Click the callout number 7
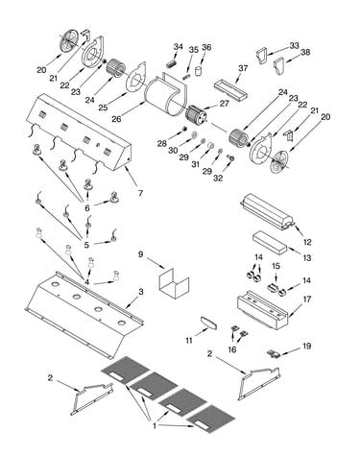coord(140,193)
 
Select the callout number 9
coord(141,254)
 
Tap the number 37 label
coord(243,68)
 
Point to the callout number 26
coord(116,119)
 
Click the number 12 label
coord(307,242)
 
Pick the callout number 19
coord(306,346)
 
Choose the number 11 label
coord(189,341)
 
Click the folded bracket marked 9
coord(174,283)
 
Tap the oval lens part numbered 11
coord(208,323)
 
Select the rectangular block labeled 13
coord(271,243)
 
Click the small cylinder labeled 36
coord(199,71)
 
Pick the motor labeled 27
coord(197,116)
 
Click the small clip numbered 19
coord(274,353)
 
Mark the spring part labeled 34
coord(172,63)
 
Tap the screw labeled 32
coord(230,157)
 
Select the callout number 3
coord(141,292)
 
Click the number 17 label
coord(307,300)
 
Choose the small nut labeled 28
coord(184,129)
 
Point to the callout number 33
coord(294,46)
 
